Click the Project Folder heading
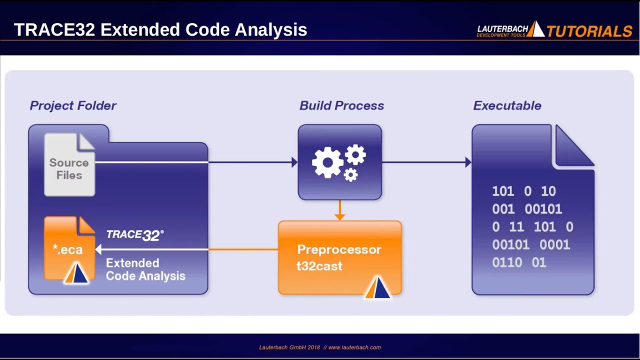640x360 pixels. [x=73, y=105]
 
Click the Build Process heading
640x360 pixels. [x=341, y=105]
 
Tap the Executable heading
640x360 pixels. [x=507, y=105]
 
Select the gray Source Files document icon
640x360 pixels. [x=69, y=165]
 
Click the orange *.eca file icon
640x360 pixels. [x=69, y=248]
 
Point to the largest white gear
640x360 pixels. [x=327, y=162]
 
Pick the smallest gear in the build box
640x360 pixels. [x=351, y=174]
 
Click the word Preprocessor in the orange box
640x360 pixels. [x=339, y=249]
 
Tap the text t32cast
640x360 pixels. [x=319, y=266]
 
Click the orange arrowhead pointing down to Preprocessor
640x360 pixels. [x=339, y=216]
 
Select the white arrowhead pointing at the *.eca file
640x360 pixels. [x=98, y=249]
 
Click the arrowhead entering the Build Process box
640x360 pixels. [x=294, y=162]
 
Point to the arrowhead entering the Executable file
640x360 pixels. [x=468, y=162]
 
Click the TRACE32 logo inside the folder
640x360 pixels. [x=135, y=235]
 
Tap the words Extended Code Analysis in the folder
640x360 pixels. [x=145, y=269]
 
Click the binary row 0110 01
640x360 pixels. [x=518, y=262]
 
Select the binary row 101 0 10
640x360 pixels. [x=523, y=191]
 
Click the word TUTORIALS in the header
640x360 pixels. [x=589, y=31]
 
